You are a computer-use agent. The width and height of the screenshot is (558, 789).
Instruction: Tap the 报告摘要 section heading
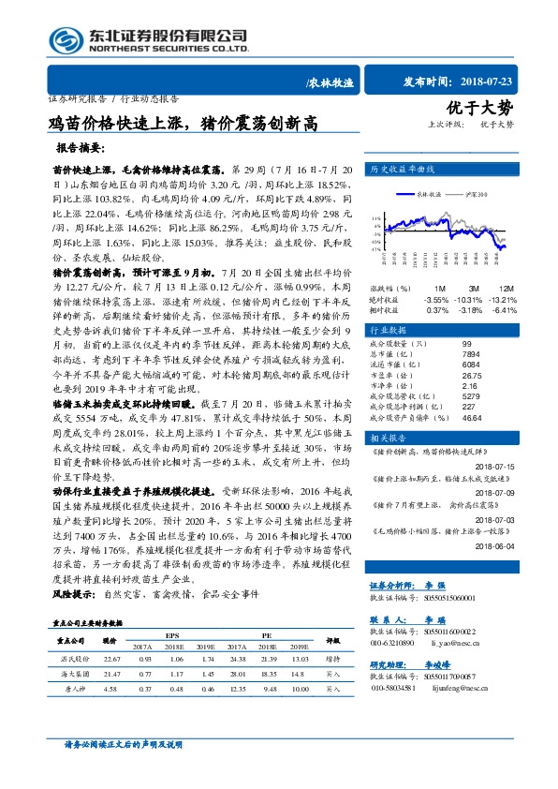(x=80, y=148)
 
